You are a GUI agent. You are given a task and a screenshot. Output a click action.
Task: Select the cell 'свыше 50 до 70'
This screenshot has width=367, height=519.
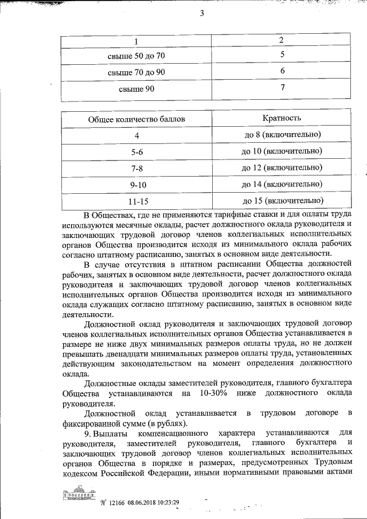pos(136,56)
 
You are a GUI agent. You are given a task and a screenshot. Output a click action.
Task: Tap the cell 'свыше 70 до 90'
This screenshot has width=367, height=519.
pos(136,73)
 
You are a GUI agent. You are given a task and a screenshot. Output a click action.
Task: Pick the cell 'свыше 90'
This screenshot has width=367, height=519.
pos(136,89)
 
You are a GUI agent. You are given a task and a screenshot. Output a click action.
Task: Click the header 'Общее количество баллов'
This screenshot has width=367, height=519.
pos(136,119)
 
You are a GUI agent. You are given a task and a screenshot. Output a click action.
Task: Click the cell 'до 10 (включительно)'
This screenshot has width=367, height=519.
pos(282,151)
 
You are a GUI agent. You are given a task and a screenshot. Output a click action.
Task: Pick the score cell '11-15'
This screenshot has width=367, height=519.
pos(136,202)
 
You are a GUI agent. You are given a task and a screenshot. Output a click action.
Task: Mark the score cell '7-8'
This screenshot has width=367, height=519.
pos(136,169)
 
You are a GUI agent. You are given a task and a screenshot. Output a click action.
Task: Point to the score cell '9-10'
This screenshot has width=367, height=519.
pos(136,185)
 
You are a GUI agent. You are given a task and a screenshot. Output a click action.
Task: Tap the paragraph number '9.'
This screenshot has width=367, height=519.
pos(87,432)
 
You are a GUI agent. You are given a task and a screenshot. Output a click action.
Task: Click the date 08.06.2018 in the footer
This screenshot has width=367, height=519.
pos(133,502)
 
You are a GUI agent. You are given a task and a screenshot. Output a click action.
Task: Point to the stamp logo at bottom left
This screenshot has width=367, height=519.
pos(77,495)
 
